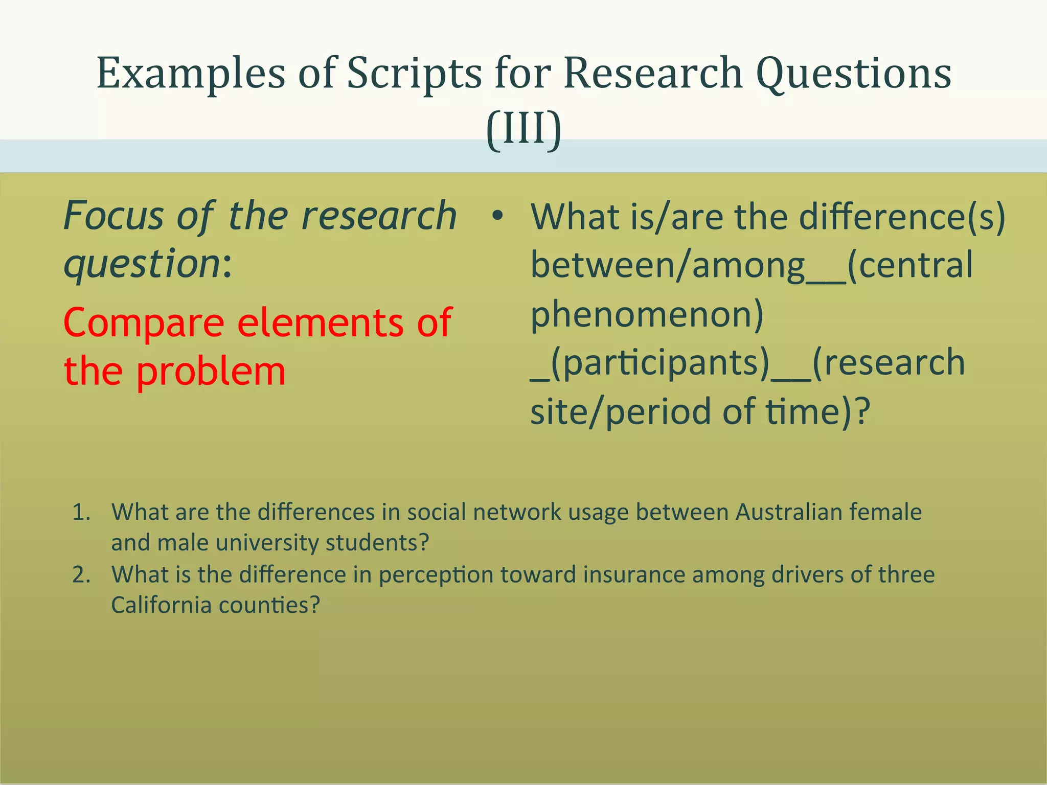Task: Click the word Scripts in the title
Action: click(414, 74)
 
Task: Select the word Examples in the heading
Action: click(191, 74)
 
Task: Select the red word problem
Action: click(211, 372)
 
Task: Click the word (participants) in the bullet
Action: click(659, 363)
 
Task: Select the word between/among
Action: click(668, 266)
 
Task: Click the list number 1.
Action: click(81, 512)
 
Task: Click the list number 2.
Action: click(81, 575)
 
